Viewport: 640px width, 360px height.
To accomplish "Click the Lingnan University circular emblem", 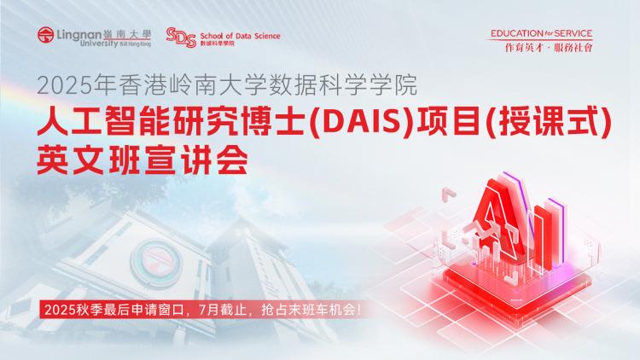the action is pos(46,35).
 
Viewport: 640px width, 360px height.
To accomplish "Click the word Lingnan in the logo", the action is pos(79,35).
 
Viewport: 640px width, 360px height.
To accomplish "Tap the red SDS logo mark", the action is pos(181,38).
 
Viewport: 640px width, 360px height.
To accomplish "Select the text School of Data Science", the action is pos(240,36).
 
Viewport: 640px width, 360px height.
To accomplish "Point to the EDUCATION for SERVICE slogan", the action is pos(541,33).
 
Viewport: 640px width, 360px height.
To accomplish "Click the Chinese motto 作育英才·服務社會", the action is pos(549,48).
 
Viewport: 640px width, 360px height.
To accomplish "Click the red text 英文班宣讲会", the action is pos(143,160).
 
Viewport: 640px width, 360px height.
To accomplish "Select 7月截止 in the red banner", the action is pos(221,310).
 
